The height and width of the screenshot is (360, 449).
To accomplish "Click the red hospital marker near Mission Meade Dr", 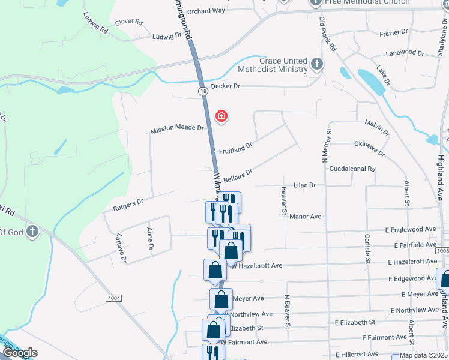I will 221,116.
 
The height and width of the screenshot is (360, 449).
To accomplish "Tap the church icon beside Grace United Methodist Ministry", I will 317,64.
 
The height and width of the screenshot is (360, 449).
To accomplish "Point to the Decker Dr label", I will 225,86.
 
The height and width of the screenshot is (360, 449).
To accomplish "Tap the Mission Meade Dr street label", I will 177,128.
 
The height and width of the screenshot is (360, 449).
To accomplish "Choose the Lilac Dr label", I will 304,185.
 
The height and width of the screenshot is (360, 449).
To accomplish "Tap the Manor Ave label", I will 306,216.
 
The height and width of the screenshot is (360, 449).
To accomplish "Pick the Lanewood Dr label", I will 405,52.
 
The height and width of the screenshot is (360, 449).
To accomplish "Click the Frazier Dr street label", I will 394,31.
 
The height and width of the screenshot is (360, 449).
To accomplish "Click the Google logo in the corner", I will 19,353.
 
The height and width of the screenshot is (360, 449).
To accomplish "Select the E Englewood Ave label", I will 411,229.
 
